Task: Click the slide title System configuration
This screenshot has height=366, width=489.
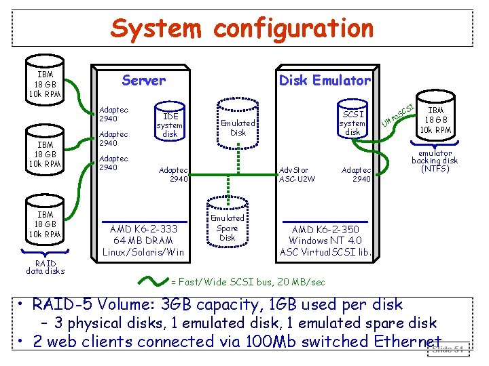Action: [x=242, y=28]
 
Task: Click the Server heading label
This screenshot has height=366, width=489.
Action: [x=143, y=81]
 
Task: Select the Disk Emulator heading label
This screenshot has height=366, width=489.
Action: [x=325, y=81]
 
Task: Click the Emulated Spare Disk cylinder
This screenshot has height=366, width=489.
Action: [x=227, y=228]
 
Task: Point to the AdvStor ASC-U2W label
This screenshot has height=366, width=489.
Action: [x=293, y=174]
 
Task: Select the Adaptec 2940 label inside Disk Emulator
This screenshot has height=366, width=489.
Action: [x=357, y=174]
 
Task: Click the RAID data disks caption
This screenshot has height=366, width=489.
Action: [x=46, y=267]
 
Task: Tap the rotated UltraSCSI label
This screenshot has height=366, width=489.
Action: [x=398, y=113]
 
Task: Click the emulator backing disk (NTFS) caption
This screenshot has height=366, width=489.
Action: [x=435, y=161]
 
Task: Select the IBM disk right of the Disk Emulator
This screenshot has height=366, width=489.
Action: [x=435, y=119]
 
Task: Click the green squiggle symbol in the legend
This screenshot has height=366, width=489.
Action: [x=153, y=280]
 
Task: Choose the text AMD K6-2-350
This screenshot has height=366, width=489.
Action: [x=325, y=229]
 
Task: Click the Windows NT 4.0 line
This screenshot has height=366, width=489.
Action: [x=325, y=241]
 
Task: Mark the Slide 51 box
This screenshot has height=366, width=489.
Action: [x=448, y=350]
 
